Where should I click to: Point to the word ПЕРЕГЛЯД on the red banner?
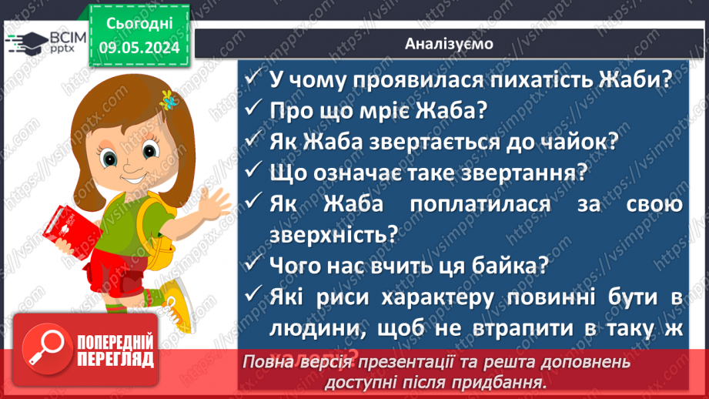[115, 359]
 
